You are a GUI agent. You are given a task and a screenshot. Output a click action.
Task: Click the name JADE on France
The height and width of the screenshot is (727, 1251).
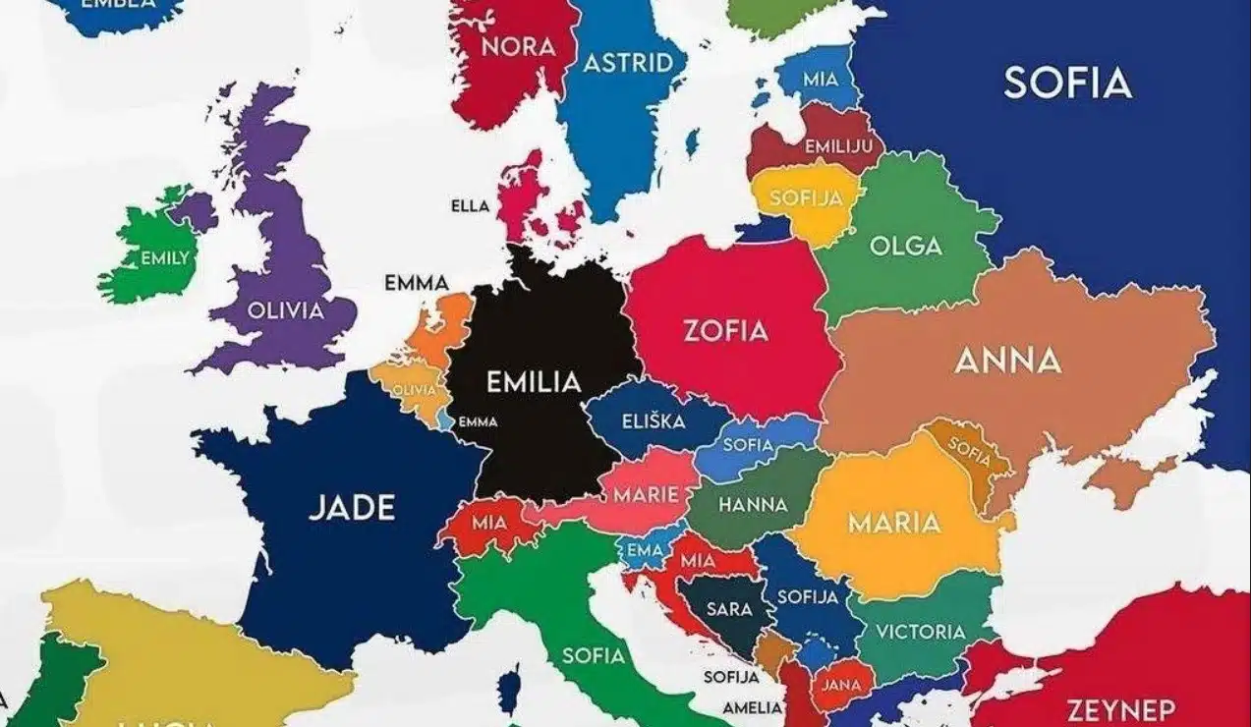pos(352,508)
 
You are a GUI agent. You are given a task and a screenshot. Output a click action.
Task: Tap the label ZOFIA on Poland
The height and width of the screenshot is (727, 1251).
pos(725,331)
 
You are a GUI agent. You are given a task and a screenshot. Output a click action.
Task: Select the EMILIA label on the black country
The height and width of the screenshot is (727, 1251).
pos(535,381)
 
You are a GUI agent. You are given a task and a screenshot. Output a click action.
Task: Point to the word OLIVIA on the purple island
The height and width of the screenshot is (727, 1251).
pos(285,311)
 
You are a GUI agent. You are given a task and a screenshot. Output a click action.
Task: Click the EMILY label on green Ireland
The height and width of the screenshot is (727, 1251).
pos(165,258)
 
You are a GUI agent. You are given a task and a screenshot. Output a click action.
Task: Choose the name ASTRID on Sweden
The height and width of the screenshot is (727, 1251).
pos(628,64)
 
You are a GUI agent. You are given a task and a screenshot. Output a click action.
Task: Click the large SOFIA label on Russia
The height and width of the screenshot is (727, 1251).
pos(1067,84)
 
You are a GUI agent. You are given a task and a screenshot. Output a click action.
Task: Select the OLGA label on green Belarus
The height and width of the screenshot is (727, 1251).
pos(905,246)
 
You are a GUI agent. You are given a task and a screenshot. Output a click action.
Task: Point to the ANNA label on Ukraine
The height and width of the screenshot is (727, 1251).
pos(1007,362)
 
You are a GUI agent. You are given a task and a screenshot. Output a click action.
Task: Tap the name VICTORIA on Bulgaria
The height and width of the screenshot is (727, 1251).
pos(921,632)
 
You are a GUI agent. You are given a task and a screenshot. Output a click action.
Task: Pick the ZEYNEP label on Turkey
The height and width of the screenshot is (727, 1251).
pos(1120,709)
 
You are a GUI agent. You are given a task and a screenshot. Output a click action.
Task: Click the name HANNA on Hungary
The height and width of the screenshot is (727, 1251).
pos(753,505)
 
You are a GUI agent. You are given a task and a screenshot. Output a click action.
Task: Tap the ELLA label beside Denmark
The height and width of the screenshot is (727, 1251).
pos(469,206)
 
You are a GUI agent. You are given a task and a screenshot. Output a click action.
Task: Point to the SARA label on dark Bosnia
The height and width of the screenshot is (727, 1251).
pos(728,609)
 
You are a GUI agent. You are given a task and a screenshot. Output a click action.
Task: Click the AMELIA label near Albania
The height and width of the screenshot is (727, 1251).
pos(752,707)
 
